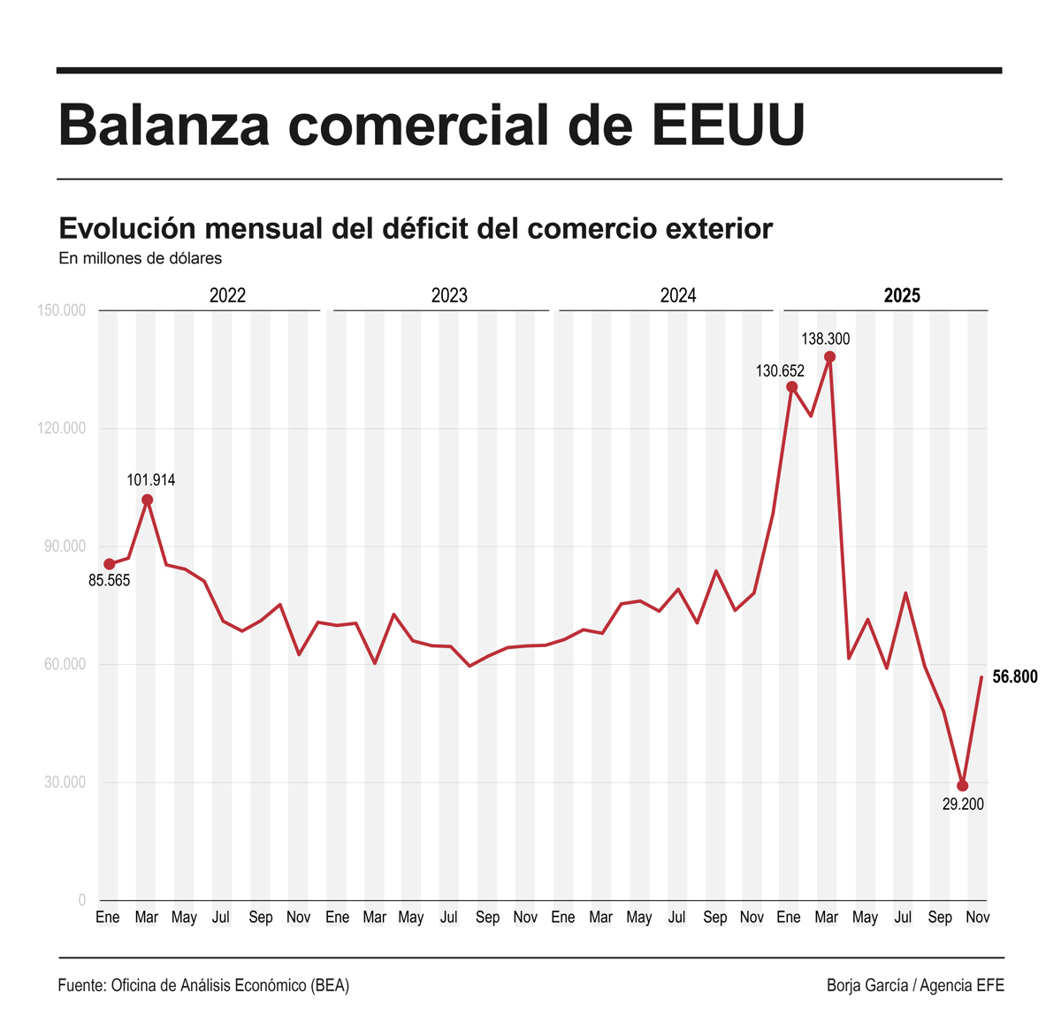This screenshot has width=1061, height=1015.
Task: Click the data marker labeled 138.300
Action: [829, 357]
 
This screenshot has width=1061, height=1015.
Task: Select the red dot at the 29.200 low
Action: [962, 786]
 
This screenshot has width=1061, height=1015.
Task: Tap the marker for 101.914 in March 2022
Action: [148, 500]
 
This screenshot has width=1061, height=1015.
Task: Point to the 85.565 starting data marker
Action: [110, 564]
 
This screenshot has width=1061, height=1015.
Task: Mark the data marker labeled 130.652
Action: [792, 387]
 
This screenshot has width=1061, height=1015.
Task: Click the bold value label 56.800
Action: [1014, 677]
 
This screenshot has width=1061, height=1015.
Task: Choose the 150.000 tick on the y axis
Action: [62, 310]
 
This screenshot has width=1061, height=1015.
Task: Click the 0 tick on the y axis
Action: [82, 900]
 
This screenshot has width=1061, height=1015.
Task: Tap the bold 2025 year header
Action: [902, 295]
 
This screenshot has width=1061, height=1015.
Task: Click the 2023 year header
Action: [449, 295]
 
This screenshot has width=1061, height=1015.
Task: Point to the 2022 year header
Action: [227, 295]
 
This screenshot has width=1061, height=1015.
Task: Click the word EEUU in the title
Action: [729, 125]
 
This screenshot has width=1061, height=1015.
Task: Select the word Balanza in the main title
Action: [164, 125]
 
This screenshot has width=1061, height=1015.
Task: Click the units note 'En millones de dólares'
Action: [140, 258]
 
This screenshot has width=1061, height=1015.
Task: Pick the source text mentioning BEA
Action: [203, 985]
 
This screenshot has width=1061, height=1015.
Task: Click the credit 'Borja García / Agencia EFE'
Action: [915, 985]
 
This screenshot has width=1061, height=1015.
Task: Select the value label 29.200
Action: [963, 805]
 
